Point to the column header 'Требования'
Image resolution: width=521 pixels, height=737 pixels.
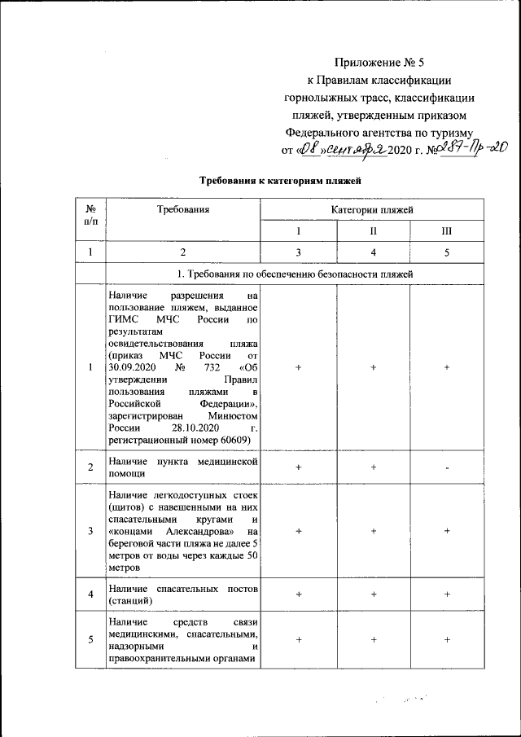coord(183,210)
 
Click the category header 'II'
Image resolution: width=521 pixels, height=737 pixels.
coord(372,232)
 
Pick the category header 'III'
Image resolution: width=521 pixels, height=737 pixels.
coord(446,232)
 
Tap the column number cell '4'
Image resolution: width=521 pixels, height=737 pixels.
coord(372,253)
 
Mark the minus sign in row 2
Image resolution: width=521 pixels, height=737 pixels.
coord(447,467)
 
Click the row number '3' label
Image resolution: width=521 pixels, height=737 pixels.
coord(90,531)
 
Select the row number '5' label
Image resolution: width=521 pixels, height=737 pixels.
coord(90,639)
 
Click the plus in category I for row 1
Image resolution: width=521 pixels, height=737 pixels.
coord(299,367)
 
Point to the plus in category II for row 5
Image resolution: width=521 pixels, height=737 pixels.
coord(373,639)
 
